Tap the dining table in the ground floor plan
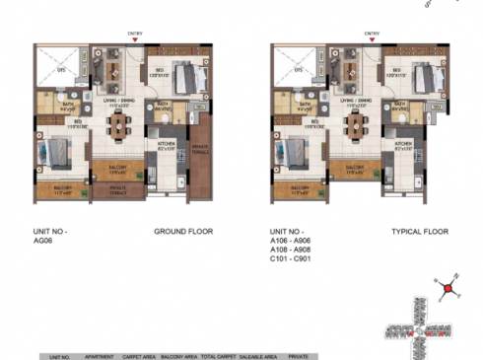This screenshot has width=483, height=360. (x=120, y=125)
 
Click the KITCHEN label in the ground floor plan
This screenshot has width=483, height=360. (x=167, y=145)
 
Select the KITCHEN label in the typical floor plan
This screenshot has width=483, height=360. (x=403, y=145)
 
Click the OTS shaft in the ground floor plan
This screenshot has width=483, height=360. (x=59, y=70)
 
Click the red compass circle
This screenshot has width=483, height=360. (x=448, y=289)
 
